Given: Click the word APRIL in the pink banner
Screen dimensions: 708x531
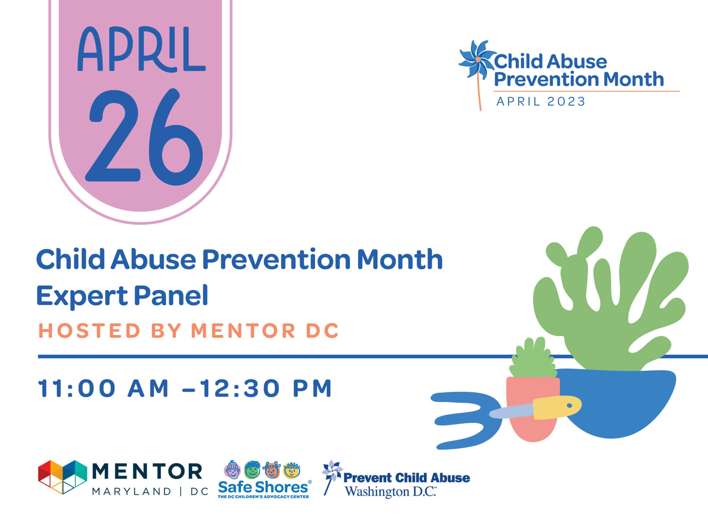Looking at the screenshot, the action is (142, 49).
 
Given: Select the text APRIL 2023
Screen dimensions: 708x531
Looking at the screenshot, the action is (541, 102).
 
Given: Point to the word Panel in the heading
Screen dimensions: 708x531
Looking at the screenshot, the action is (171, 295).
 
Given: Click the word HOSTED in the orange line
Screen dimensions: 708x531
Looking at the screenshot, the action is (89, 331).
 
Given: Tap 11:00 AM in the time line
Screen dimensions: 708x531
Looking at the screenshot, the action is (103, 389).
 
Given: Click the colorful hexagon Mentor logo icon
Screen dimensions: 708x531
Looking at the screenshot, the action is (63, 477).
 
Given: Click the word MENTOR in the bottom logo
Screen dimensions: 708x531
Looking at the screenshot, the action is (147, 471).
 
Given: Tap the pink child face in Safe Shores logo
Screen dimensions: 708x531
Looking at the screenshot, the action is (232, 470).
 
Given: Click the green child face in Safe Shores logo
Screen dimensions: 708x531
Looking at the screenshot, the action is (252, 470).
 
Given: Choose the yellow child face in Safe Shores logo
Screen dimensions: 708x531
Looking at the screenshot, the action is (291, 470).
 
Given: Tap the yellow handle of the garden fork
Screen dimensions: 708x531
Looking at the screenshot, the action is (557, 407).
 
